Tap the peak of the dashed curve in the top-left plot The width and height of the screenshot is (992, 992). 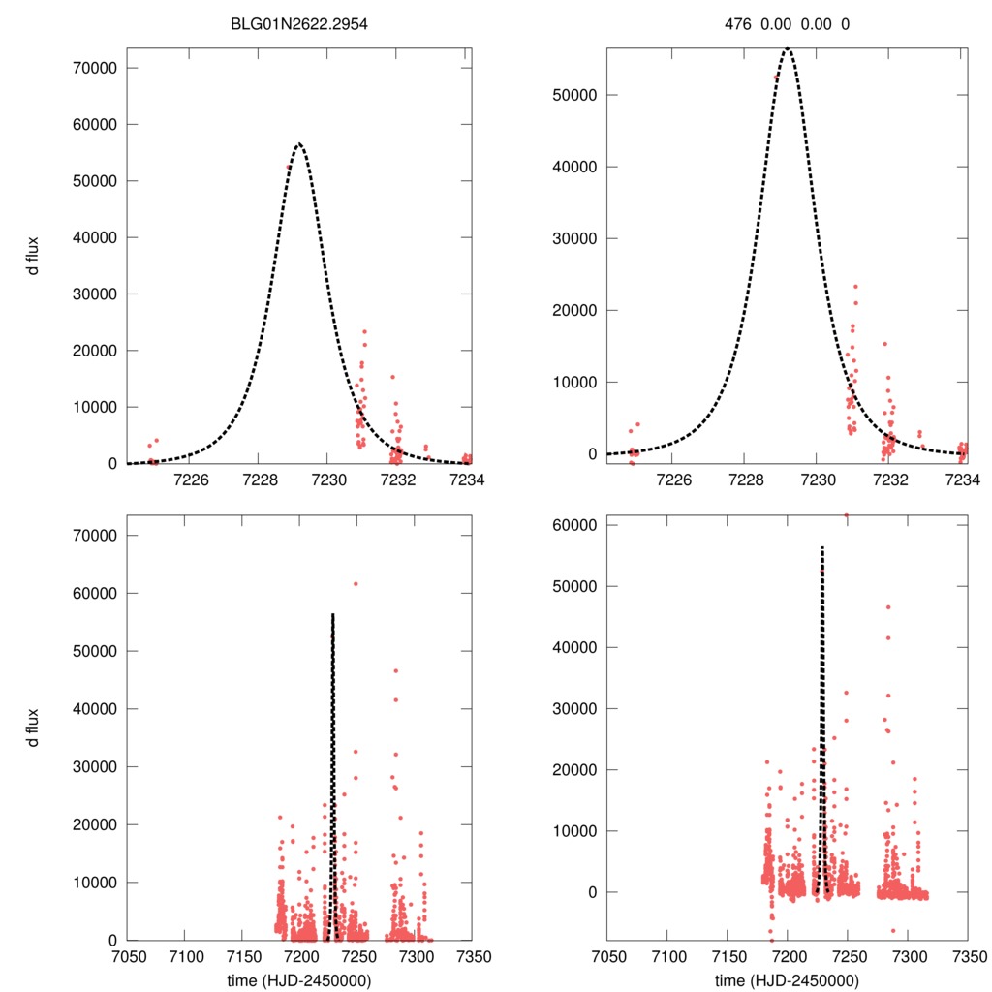pyautogui.click(x=299, y=143)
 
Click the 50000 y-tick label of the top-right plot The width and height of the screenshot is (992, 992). pyautogui.click(x=574, y=95)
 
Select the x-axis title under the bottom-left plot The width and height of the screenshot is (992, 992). pyautogui.click(x=299, y=980)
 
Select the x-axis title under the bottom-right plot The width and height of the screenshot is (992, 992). pyautogui.click(x=788, y=980)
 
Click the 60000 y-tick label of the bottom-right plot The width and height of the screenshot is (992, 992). pyautogui.click(x=574, y=524)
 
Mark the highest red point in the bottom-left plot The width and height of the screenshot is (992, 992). pyautogui.click(x=356, y=583)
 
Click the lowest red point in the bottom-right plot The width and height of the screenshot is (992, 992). pyautogui.click(x=772, y=940)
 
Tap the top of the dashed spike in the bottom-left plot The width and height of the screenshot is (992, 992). pyautogui.click(x=332, y=614)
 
